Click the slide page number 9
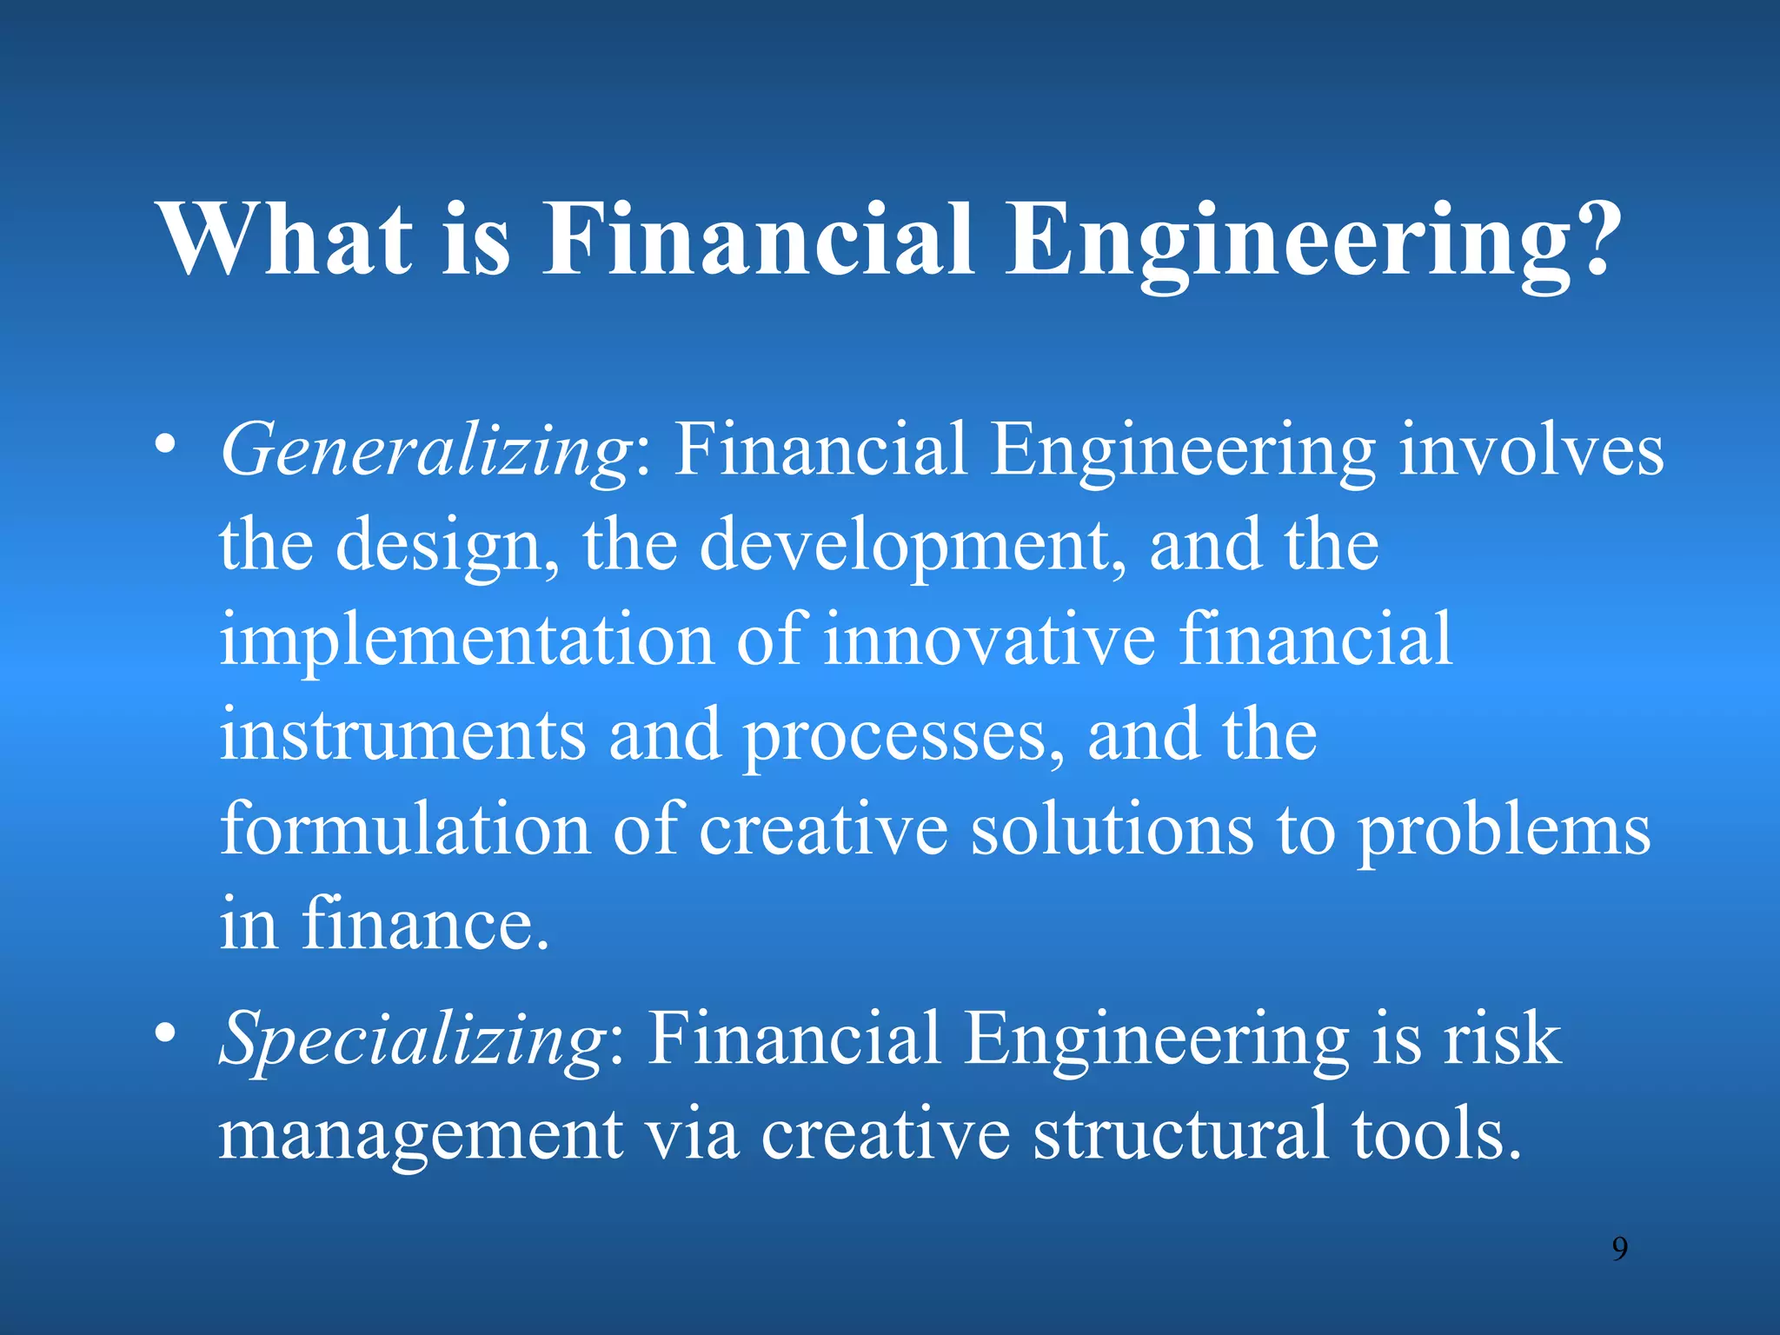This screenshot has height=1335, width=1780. (x=1619, y=1249)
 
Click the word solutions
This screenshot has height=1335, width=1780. (x=1112, y=829)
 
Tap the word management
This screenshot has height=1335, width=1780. (x=421, y=1135)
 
